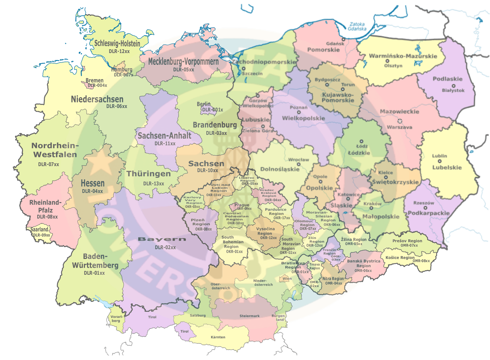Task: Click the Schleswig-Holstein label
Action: (x=117, y=43)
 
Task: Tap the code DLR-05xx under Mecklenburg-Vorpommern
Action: (x=183, y=69)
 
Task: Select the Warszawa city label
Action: (x=400, y=127)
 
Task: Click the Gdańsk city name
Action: (x=335, y=44)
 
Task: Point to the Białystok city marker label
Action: (x=453, y=90)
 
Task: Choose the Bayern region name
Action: (x=162, y=239)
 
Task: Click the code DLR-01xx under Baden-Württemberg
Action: (x=94, y=273)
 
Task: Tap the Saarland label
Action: (x=39, y=230)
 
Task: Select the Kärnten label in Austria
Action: (x=218, y=337)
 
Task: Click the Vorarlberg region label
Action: (x=116, y=319)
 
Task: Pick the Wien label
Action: (x=287, y=279)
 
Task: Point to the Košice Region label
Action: (x=400, y=257)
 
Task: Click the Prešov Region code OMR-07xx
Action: (x=409, y=245)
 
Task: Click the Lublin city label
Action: (x=440, y=156)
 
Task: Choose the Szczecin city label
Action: (x=252, y=73)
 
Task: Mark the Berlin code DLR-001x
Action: (x=212, y=110)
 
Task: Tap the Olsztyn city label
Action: (x=393, y=66)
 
